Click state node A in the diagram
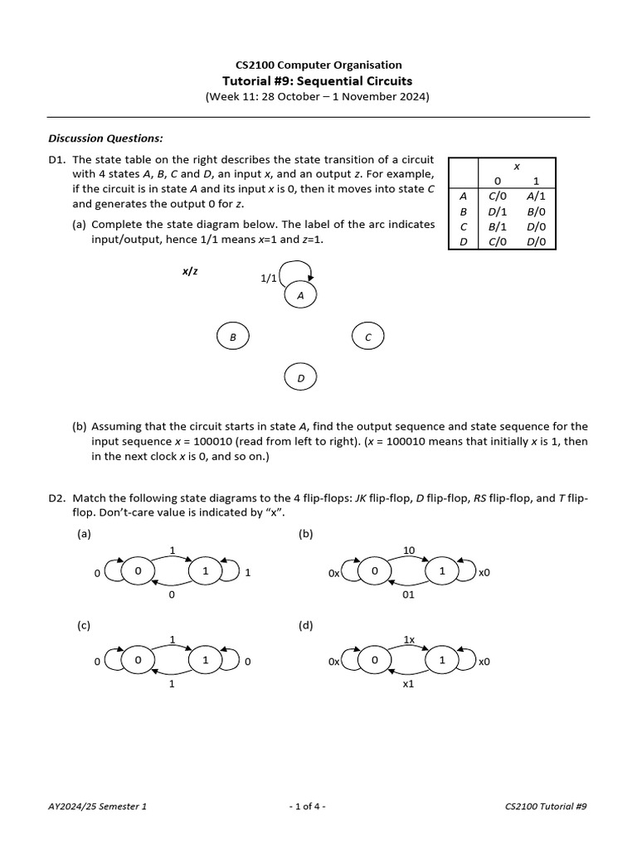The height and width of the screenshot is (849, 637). pyautogui.click(x=300, y=294)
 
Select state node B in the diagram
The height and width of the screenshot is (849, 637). pyautogui.click(x=233, y=337)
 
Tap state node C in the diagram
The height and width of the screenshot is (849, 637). pyautogui.click(x=367, y=337)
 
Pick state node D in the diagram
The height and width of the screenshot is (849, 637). pyautogui.click(x=300, y=378)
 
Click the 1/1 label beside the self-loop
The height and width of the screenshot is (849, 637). pyautogui.click(x=268, y=279)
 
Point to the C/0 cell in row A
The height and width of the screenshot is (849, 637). pyautogui.click(x=497, y=196)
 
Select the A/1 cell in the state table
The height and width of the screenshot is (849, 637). pyautogui.click(x=536, y=196)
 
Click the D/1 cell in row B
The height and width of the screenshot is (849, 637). pyautogui.click(x=497, y=211)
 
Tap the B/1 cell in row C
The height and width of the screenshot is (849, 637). pyautogui.click(x=497, y=226)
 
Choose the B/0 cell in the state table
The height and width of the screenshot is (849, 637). pyautogui.click(x=536, y=211)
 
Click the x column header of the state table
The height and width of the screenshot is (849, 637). pyautogui.click(x=516, y=166)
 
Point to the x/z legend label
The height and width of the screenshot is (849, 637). pyautogui.click(x=190, y=271)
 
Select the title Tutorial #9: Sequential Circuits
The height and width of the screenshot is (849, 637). pyautogui.click(x=317, y=80)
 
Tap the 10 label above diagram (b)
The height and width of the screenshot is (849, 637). pyautogui.click(x=408, y=551)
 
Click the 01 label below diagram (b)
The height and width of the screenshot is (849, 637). pyautogui.click(x=408, y=594)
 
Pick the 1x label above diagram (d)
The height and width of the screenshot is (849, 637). pyautogui.click(x=408, y=639)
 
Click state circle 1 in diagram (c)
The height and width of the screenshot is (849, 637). pyautogui.click(x=205, y=661)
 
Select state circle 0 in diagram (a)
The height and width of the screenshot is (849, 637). pyautogui.click(x=138, y=572)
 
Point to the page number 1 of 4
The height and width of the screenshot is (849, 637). pyautogui.click(x=307, y=806)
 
